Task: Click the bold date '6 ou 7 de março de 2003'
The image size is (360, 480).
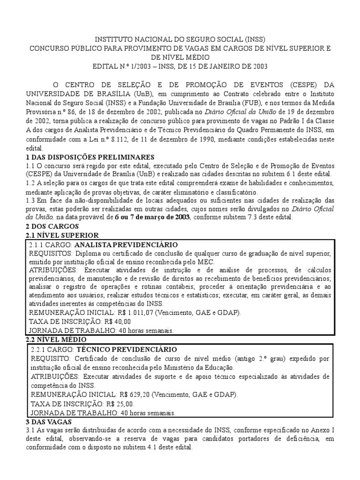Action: click(152, 217)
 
